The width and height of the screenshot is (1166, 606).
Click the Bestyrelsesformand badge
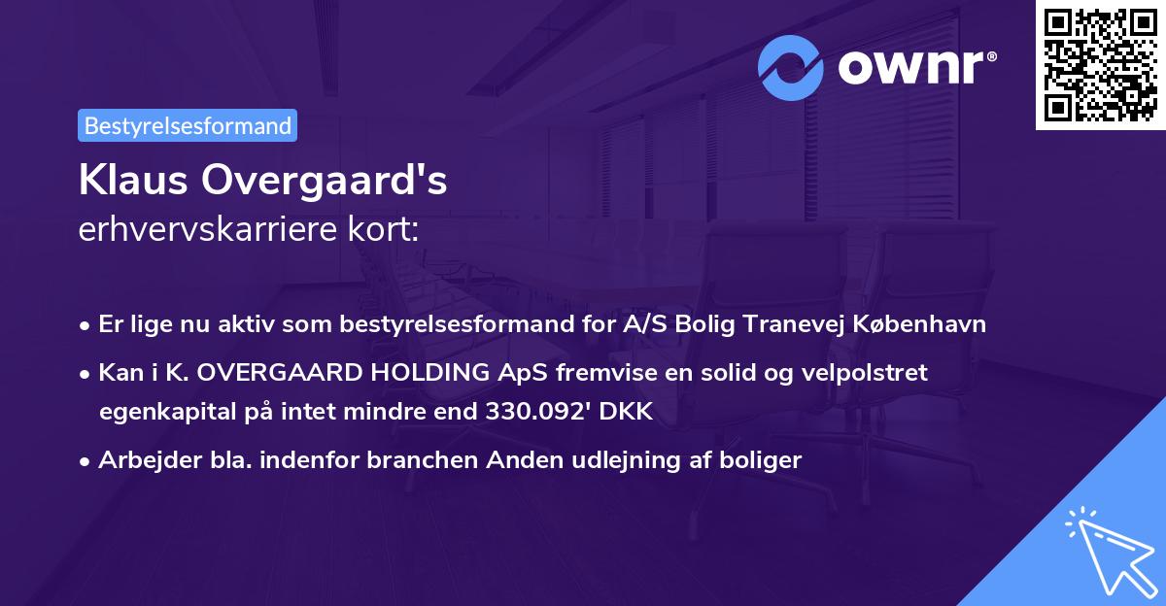point(188,125)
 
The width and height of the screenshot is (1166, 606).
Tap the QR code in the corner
point(1100,65)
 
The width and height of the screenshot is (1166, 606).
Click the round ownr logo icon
point(792,66)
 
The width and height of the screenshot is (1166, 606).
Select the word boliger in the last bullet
point(766,460)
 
